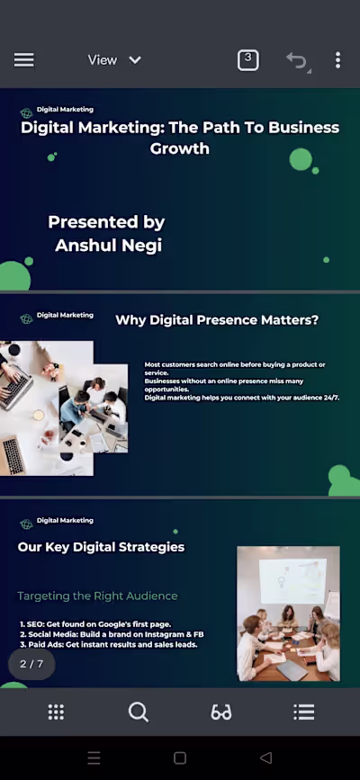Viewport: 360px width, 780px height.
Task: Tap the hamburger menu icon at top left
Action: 24,60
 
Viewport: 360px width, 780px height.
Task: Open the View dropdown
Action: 114,60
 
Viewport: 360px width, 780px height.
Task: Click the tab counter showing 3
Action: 247,60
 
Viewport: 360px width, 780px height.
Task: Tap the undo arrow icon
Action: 296,61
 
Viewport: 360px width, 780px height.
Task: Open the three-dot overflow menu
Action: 337,60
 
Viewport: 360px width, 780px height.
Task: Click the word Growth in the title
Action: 180,148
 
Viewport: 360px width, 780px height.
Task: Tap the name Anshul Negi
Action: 108,245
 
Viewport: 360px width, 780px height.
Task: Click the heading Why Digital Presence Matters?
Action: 217,320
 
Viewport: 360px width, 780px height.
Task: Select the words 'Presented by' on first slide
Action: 106,222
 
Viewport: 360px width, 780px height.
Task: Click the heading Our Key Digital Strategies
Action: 101,547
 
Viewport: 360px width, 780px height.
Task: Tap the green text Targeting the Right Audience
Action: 97,596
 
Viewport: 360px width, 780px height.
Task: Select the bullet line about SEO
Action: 94,624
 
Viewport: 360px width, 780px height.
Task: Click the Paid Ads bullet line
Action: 108,644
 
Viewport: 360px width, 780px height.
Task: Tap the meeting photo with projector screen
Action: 288,614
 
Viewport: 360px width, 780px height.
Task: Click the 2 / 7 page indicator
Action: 31,664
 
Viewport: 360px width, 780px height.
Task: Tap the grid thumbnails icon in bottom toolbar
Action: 56,713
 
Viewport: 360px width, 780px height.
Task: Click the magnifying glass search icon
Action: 138,713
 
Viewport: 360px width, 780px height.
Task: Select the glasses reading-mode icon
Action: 221,713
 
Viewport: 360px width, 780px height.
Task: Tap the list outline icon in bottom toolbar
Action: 304,713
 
